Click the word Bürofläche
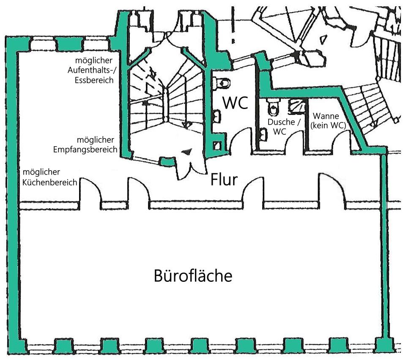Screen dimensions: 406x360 (x=193, y=275)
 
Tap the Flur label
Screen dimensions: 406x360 (x=224, y=180)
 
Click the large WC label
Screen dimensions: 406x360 (x=236, y=103)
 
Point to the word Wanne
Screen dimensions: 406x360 (x=326, y=116)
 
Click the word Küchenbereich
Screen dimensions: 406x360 (x=50, y=183)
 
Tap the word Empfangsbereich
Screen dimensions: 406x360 (x=85, y=150)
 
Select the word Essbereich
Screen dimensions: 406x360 (x=94, y=80)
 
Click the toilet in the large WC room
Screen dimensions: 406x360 (x=222, y=83)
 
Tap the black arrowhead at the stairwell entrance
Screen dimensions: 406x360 (x=187, y=152)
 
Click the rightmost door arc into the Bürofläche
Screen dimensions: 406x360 (x=332, y=188)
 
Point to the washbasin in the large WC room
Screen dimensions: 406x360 (x=217, y=116)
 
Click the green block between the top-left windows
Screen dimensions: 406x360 (x=66, y=44)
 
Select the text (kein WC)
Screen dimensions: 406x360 (x=328, y=125)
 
